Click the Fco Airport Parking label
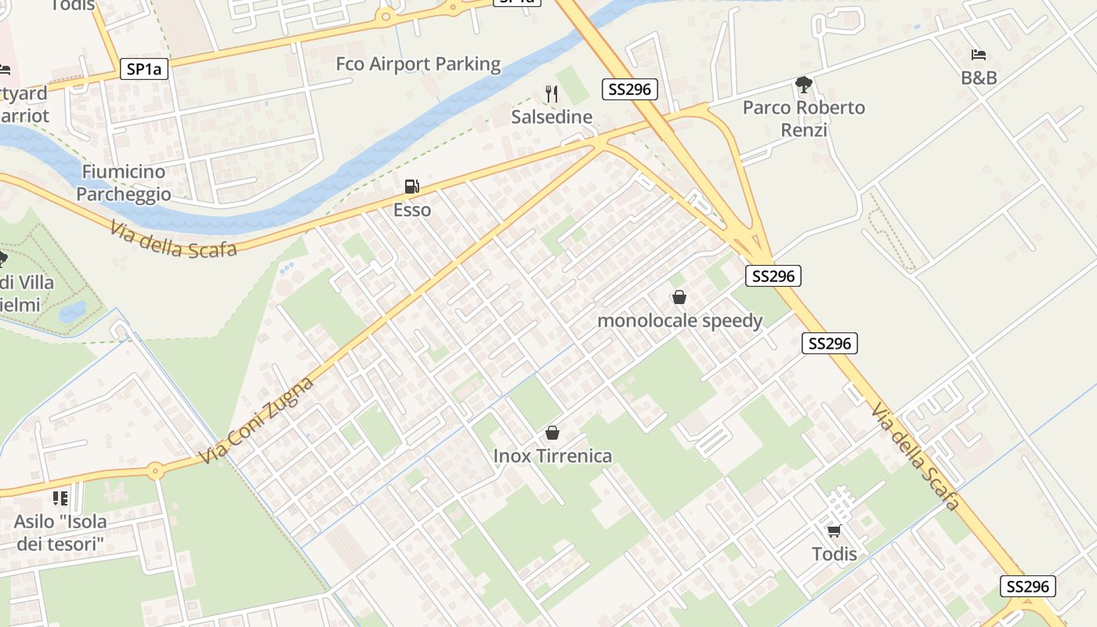click(x=418, y=64)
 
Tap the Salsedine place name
click(x=552, y=117)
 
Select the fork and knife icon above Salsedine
click(x=552, y=94)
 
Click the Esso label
click(x=412, y=210)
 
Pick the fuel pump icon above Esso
click(x=411, y=187)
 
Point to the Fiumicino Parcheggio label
click(x=124, y=183)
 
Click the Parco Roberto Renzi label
click(x=804, y=118)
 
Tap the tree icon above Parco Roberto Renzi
click(x=803, y=85)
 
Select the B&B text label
click(x=979, y=78)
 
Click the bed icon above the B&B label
click(x=979, y=55)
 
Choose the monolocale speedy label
click(x=679, y=321)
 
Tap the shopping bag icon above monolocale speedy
click(x=679, y=297)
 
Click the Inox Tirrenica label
click(x=552, y=455)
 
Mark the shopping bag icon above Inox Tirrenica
click(x=552, y=433)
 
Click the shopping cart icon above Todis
click(x=834, y=531)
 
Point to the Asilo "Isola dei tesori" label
click(x=61, y=532)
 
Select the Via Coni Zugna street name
click(x=256, y=420)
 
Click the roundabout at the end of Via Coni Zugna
click(x=155, y=471)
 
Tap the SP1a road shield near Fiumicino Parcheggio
click(x=144, y=69)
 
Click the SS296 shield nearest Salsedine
click(x=630, y=89)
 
